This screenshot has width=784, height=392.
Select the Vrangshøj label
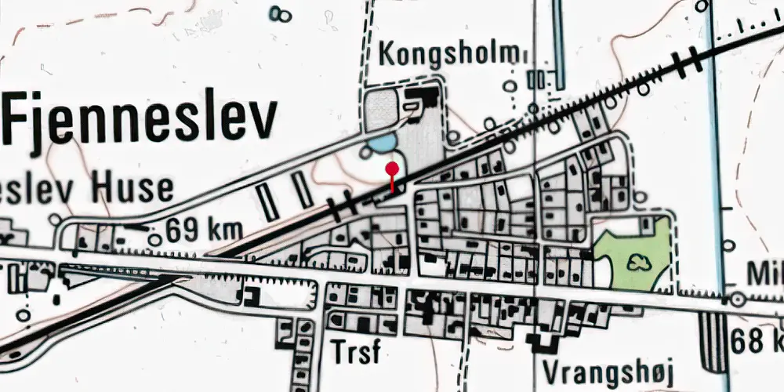point(608,371)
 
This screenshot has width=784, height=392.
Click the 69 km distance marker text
point(204,232)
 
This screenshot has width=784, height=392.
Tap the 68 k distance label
point(756,342)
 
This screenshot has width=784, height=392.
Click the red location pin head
point(392,167)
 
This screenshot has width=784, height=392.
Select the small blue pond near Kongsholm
point(381,143)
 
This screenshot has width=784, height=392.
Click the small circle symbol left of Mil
point(736,299)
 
